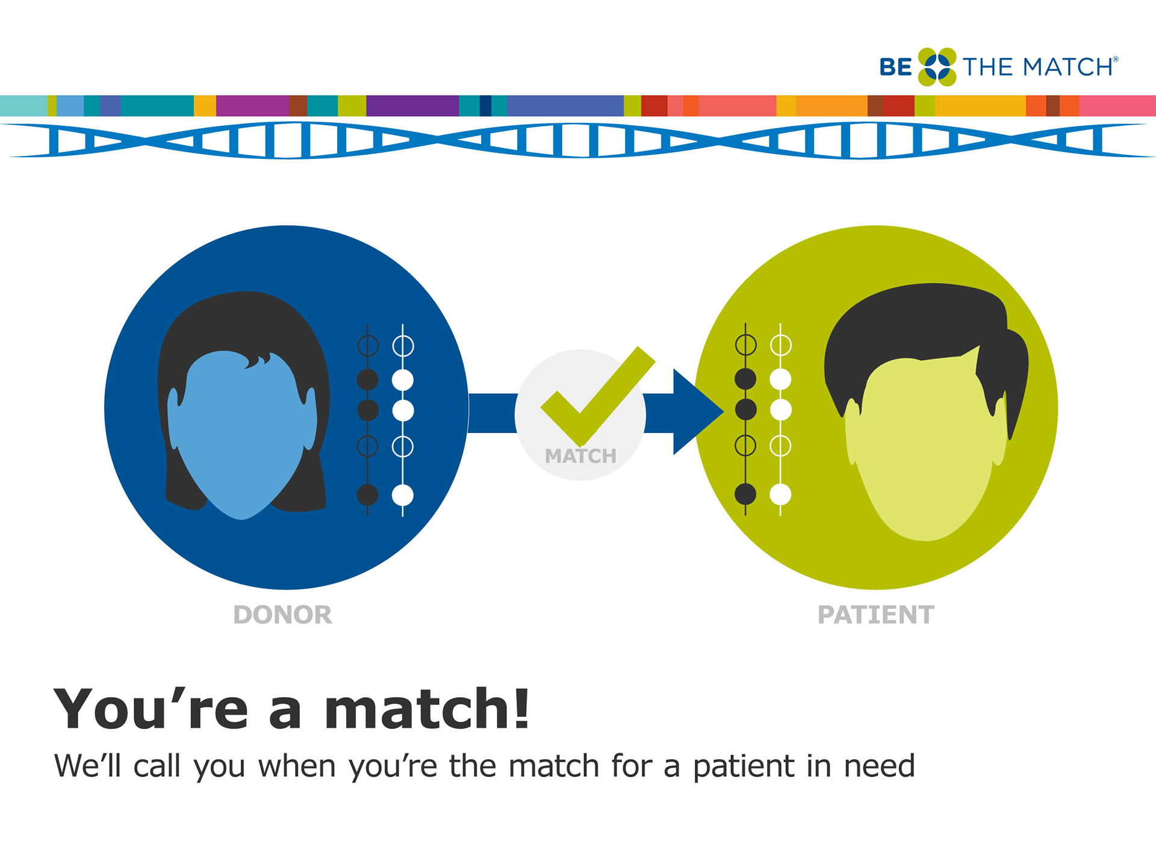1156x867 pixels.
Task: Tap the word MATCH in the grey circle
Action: (580, 456)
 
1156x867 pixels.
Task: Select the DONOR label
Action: (282, 615)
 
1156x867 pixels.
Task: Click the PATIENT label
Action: (876, 615)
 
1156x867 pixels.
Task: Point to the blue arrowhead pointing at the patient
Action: (695, 412)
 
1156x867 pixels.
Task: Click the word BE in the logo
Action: (896, 67)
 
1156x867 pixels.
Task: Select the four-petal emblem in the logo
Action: (937, 67)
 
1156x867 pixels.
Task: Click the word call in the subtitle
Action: (157, 766)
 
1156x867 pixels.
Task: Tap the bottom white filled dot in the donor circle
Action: (403, 495)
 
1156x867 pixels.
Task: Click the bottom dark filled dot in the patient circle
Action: (745, 494)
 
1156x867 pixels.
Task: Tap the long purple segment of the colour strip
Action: (412, 105)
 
